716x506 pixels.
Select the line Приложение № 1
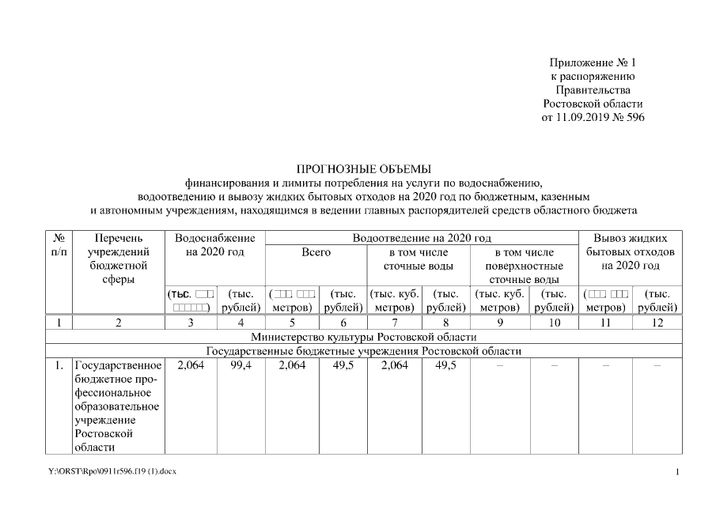pyautogui.click(x=593, y=62)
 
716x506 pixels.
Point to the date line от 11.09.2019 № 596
pyautogui.click(x=593, y=118)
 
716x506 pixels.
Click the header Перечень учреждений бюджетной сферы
pyautogui.click(x=118, y=258)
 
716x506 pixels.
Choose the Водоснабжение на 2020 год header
pyautogui.click(x=214, y=244)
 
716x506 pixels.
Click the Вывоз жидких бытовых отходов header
pyautogui.click(x=630, y=251)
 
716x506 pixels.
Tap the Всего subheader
pyautogui.click(x=316, y=252)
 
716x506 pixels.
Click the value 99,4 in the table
pyautogui.click(x=241, y=365)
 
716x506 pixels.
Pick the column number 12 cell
pyautogui.click(x=658, y=323)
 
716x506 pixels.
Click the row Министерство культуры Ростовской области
pyautogui.click(x=364, y=338)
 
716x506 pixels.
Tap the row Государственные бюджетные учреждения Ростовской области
pyautogui.click(x=364, y=351)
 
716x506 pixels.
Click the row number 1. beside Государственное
pyautogui.click(x=59, y=365)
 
